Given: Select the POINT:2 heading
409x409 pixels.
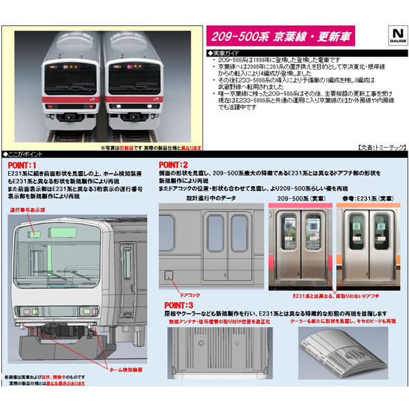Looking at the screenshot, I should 173,164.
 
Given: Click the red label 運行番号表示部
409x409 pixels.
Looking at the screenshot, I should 27,211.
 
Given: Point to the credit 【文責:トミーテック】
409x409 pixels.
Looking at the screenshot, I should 377,147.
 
